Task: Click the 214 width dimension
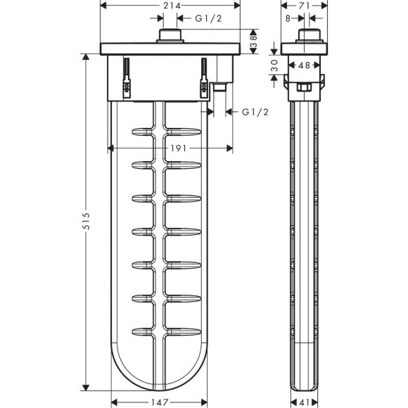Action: pyautogui.click(x=171, y=6)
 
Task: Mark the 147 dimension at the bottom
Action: pyautogui.click(x=164, y=403)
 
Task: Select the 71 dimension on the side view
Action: pyautogui.click(x=304, y=6)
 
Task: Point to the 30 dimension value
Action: pyautogui.click(x=274, y=66)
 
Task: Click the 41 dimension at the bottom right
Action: pyautogui.click(x=305, y=403)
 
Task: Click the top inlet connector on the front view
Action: pyautogui.click(x=171, y=37)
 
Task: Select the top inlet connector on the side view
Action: pyautogui.click(x=307, y=37)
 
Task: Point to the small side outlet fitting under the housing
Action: pyautogui.click(x=219, y=87)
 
